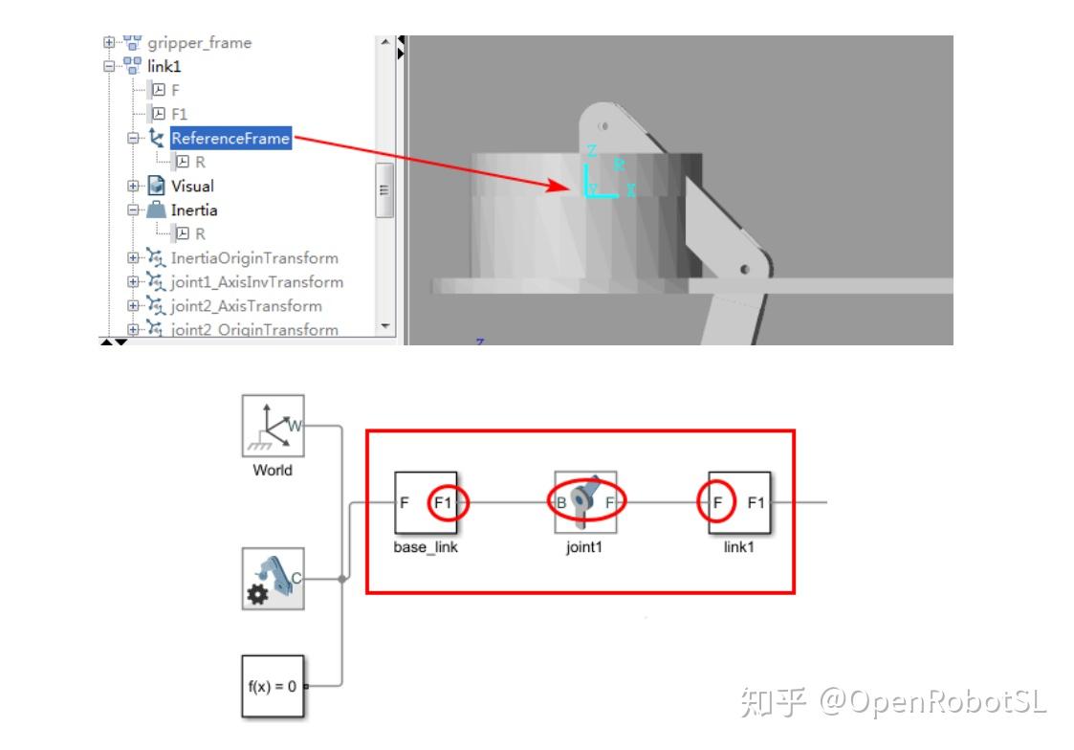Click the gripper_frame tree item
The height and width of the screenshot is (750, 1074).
point(199,43)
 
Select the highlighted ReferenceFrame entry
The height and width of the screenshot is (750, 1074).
point(230,139)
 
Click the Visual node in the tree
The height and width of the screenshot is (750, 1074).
point(192,187)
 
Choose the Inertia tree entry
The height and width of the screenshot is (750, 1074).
point(193,210)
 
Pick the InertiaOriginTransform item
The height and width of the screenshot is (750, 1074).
point(253,258)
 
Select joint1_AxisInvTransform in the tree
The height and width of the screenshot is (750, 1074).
point(256,282)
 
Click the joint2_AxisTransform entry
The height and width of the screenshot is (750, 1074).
point(246,306)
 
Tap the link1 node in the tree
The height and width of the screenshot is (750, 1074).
point(164,67)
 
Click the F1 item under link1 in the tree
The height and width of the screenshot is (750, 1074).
point(179,115)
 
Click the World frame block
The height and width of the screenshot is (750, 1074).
point(273,426)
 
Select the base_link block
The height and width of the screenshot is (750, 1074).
point(426,502)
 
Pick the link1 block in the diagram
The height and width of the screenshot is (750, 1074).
point(739,502)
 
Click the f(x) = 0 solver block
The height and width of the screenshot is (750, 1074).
point(273,686)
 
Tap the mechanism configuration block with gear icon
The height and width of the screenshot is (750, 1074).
point(273,579)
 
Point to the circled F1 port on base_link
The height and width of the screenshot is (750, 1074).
point(447,502)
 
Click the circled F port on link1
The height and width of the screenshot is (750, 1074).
point(716,502)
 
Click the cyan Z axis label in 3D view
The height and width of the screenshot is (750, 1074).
point(592,151)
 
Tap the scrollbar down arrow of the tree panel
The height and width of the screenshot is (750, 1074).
point(386,326)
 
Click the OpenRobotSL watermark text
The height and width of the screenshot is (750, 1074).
point(932,702)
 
